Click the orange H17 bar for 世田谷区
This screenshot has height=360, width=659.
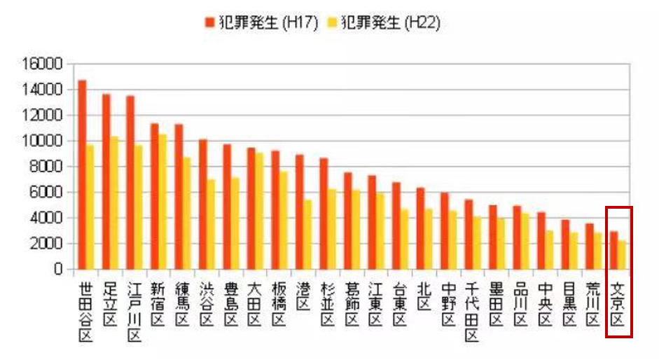pyautogui.click(x=82, y=174)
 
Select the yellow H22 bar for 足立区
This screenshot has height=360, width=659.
pyautogui.click(x=114, y=202)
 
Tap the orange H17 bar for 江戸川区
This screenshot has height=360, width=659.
pyautogui.click(x=130, y=182)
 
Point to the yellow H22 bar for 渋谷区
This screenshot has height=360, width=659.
pyautogui.click(x=210, y=224)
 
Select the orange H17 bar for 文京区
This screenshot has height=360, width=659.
pyautogui.click(x=613, y=250)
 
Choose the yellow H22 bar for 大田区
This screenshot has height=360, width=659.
pyautogui.click(x=259, y=211)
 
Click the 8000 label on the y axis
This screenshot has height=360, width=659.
pyautogui.click(x=49, y=167)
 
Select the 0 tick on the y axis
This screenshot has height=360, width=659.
pyautogui.click(x=60, y=270)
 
